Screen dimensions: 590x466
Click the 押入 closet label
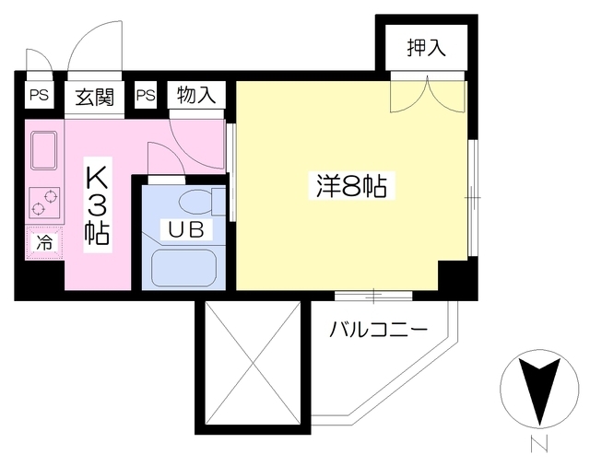426,48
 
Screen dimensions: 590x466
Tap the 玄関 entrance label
94,97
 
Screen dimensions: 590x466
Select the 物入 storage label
196,95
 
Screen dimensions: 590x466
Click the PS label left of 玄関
39,95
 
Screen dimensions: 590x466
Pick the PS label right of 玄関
146,95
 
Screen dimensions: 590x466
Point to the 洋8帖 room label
351,186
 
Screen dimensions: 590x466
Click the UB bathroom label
186,229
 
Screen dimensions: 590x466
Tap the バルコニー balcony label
379,330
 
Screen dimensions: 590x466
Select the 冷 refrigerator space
44,243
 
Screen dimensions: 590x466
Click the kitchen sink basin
44,150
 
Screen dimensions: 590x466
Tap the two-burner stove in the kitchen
44,203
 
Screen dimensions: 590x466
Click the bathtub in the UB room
184,268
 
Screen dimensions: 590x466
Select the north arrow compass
539,390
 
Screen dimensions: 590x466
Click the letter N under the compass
538,444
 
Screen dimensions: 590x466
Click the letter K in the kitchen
98,177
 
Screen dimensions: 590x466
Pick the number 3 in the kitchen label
98,206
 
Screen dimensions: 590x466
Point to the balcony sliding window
373,297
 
